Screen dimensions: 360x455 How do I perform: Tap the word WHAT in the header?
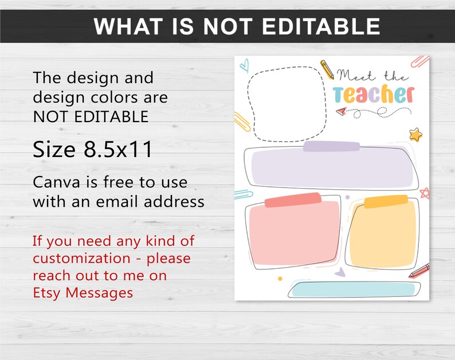(x=127, y=26)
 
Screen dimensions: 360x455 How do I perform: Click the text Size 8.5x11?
(x=92, y=150)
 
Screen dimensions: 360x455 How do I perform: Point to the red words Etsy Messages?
(x=83, y=292)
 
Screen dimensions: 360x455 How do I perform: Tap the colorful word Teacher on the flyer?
(x=373, y=94)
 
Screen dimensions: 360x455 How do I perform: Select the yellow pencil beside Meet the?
(x=327, y=69)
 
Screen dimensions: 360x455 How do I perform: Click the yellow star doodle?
(x=415, y=135)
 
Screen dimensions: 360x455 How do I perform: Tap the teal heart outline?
(x=244, y=64)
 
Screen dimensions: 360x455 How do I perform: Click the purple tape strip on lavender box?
(x=331, y=147)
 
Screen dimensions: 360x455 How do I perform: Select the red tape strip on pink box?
(x=293, y=200)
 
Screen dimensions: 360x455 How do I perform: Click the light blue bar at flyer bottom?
(x=355, y=289)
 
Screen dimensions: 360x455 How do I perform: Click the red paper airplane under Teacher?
(x=341, y=111)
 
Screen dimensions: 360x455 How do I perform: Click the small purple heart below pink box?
(x=340, y=273)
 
